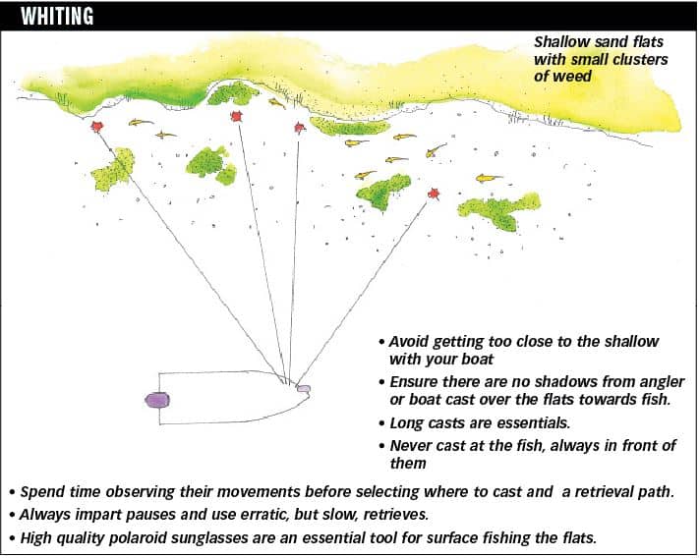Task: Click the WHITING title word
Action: click(x=57, y=16)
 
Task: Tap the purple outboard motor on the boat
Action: click(x=157, y=400)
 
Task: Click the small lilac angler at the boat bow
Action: click(x=304, y=389)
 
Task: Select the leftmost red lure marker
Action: click(x=96, y=127)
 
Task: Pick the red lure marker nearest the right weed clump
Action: click(x=434, y=194)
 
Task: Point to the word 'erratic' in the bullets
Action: click(x=263, y=515)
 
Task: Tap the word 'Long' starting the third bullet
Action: click(x=407, y=423)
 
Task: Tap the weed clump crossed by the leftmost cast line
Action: click(x=113, y=170)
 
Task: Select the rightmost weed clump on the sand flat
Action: click(x=499, y=211)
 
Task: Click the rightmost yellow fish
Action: click(x=489, y=178)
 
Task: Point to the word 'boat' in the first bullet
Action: click(x=479, y=359)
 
